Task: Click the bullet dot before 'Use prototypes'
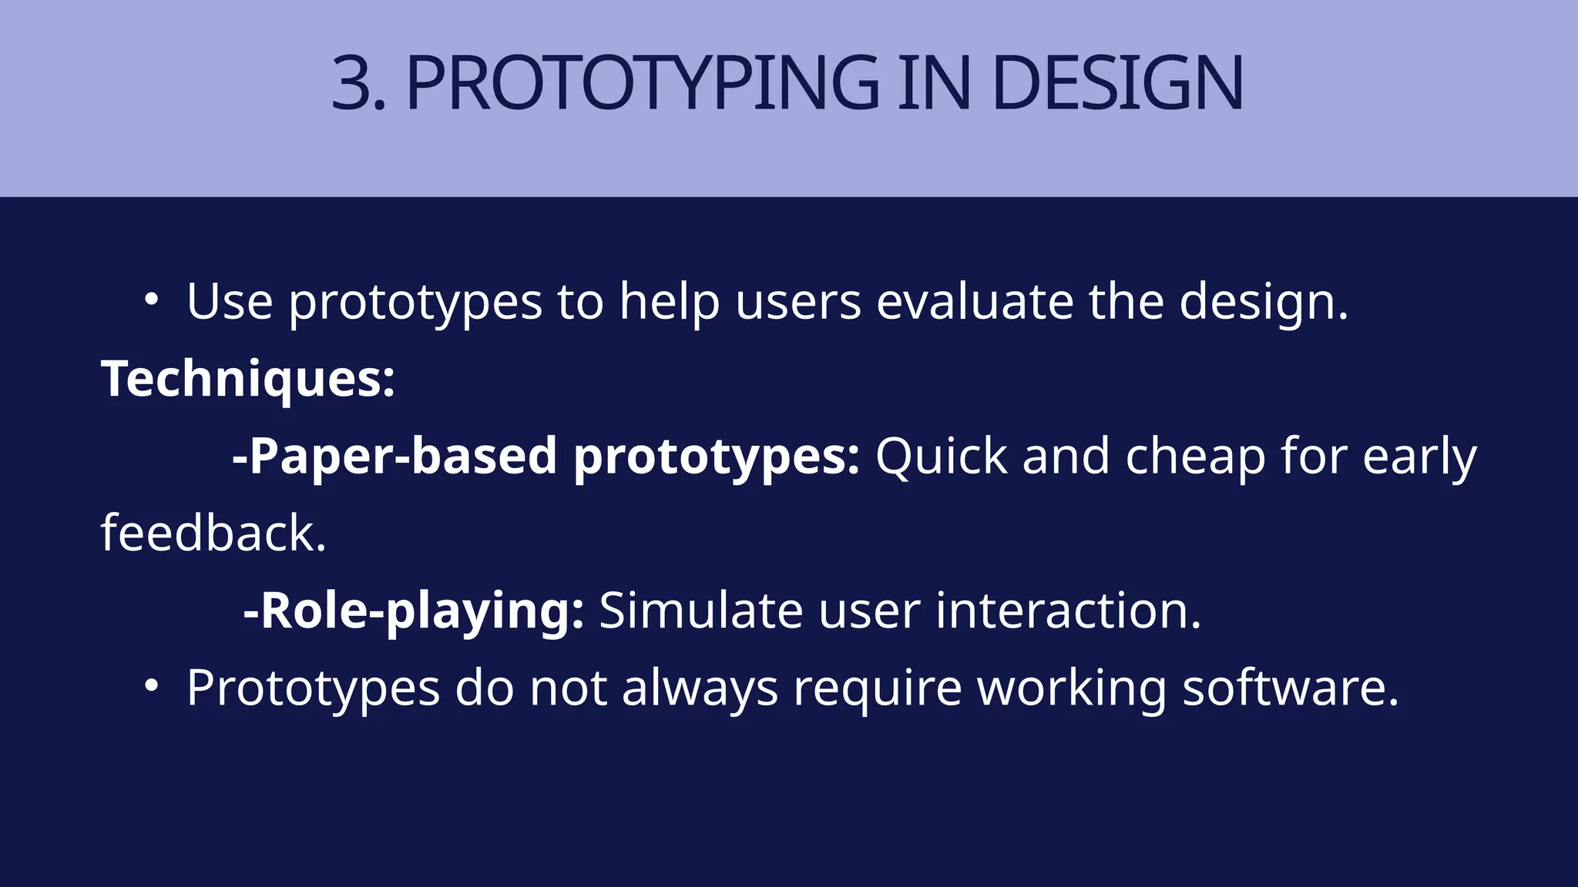coord(151,300)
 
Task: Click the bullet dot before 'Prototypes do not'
coord(151,685)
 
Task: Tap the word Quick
coord(941,456)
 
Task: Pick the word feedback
coord(213,533)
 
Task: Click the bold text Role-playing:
coord(414,611)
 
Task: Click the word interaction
coord(1068,611)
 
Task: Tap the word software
coord(1290,688)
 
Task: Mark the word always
coord(700,688)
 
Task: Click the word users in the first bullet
coord(797,301)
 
